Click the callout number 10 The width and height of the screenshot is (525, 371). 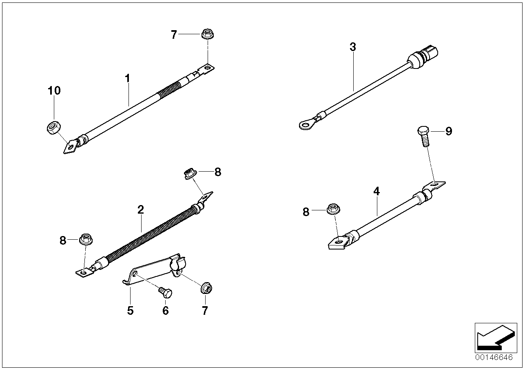coord(54,91)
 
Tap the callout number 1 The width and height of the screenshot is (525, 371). coord(127,78)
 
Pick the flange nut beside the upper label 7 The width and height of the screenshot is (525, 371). coord(206,34)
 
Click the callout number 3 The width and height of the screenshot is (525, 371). coord(352,47)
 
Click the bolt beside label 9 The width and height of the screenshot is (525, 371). coord(423,136)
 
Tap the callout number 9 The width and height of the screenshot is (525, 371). coord(448,131)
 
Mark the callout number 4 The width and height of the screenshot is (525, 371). coord(376,191)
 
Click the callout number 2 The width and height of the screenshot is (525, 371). coord(140,210)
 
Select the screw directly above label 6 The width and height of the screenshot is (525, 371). coord(166,292)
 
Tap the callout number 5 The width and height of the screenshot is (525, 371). coord(130,311)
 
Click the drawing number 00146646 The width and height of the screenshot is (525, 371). coord(493,357)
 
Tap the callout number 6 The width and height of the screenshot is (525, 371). coord(165,311)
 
